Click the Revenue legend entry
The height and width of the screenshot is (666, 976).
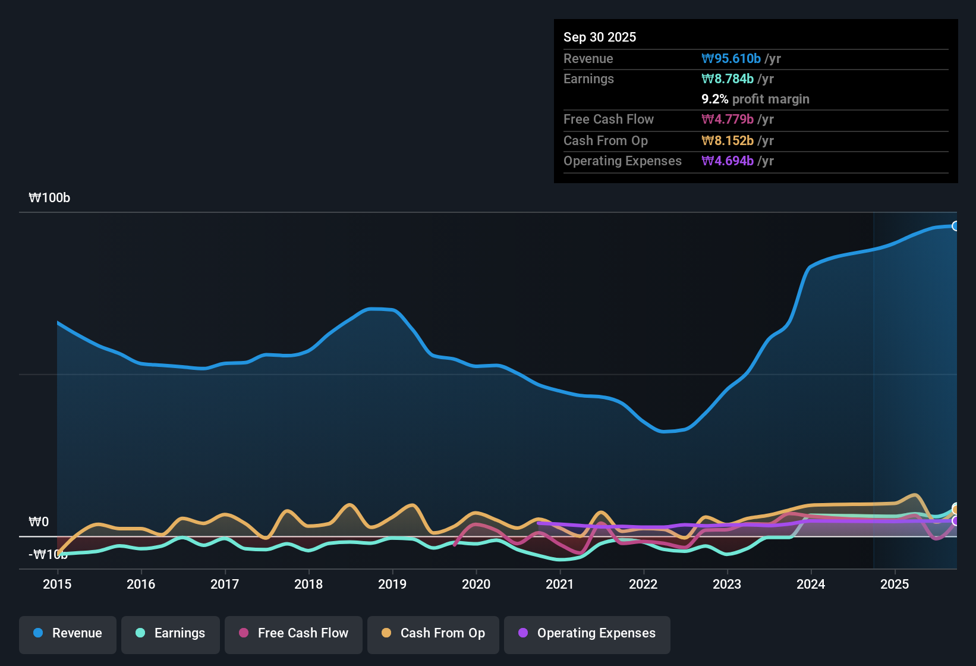pyautogui.click(x=68, y=633)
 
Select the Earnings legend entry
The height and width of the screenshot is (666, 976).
pyautogui.click(x=171, y=633)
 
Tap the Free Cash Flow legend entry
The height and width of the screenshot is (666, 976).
pyautogui.click(x=294, y=633)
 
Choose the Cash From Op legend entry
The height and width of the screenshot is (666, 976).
pyautogui.click(x=433, y=633)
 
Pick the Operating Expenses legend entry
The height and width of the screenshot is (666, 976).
pyautogui.click(x=587, y=633)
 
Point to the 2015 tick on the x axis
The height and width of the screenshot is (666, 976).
pyautogui.click(x=57, y=585)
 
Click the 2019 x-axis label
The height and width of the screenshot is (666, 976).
pyautogui.click(x=392, y=585)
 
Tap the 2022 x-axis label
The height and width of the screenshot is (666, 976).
pyautogui.click(x=643, y=585)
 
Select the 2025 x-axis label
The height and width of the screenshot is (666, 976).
pyautogui.click(x=895, y=585)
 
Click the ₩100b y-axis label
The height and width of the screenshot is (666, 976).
pyautogui.click(x=49, y=198)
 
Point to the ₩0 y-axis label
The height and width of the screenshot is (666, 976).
pyautogui.click(x=39, y=522)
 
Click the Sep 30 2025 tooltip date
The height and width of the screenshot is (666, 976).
pyautogui.click(x=600, y=37)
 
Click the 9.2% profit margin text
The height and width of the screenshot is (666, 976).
pyautogui.click(x=755, y=99)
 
